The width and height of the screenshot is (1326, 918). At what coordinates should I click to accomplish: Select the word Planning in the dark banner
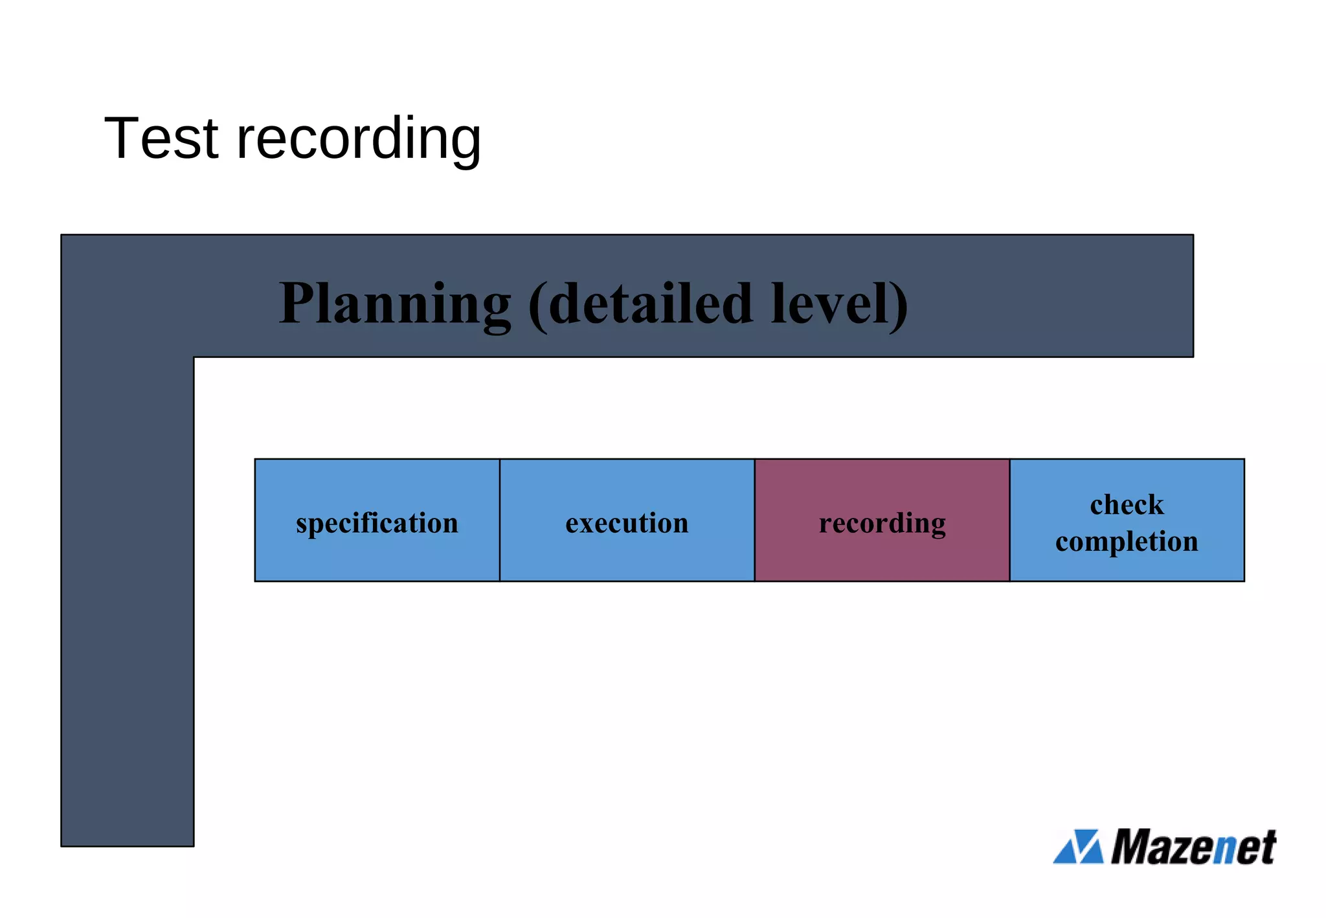coord(395,304)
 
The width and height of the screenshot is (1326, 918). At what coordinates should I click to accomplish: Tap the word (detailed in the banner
coord(641,304)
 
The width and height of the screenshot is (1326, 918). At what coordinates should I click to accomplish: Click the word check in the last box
coord(1127,505)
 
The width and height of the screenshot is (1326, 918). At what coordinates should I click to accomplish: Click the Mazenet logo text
coord(1193,847)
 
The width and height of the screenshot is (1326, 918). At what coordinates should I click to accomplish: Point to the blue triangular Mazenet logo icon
coord(1078,847)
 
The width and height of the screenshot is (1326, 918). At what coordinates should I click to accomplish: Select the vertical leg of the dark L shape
coord(128,602)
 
